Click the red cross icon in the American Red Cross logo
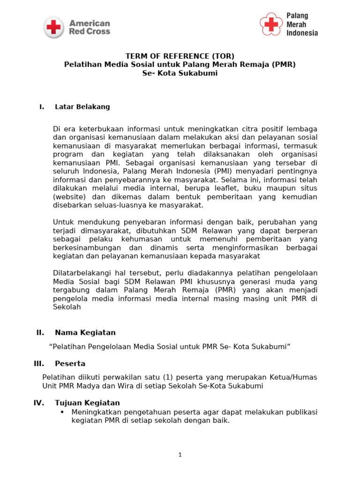point(54,27)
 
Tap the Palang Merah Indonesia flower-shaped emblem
point(271,24)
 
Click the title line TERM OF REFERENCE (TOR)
point(180,56)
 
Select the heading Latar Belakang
point(82,107)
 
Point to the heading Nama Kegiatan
point(85,333)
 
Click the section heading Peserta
point(70,364)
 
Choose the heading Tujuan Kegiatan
point(87,403)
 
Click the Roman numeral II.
point(40,333)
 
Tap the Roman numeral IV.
point(39,403)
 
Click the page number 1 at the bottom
point(180,455)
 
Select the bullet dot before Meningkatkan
point(62,412)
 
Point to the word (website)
point(69,197)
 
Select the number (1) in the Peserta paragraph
point(169,377)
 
